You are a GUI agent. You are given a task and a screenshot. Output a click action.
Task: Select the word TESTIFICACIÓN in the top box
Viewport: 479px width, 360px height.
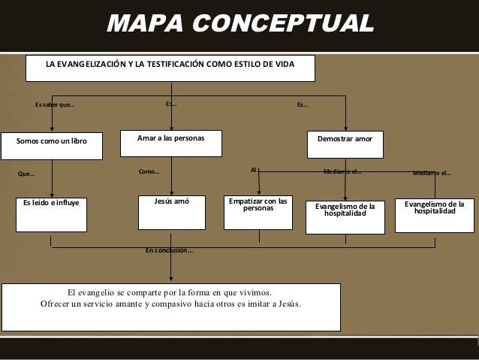point(167,65)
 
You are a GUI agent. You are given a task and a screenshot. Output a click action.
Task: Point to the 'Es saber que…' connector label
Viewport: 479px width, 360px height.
point(55,104)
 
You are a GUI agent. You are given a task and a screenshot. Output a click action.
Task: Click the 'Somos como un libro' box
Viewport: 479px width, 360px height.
point(53,146)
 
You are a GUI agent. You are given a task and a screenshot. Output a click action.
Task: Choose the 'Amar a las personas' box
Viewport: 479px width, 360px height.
point(172,144)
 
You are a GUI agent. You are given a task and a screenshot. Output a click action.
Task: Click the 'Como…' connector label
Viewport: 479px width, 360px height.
point(149,171)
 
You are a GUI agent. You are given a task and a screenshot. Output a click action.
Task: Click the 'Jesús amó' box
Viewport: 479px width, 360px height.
point(172,213)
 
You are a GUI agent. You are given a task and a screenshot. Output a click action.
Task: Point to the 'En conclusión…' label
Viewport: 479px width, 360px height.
point(169,250)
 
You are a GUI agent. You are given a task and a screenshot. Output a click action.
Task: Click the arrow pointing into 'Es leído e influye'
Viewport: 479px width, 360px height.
point(52,180)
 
